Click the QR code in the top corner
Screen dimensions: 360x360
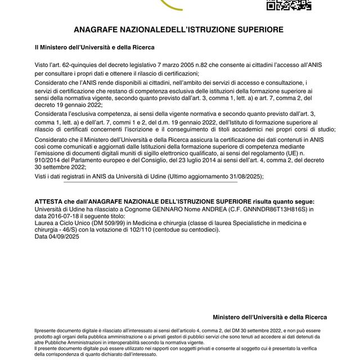(x=288, y=4)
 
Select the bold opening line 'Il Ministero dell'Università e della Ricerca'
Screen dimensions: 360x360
(x=94, y=48)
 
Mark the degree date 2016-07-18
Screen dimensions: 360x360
(x=66, y=215)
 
